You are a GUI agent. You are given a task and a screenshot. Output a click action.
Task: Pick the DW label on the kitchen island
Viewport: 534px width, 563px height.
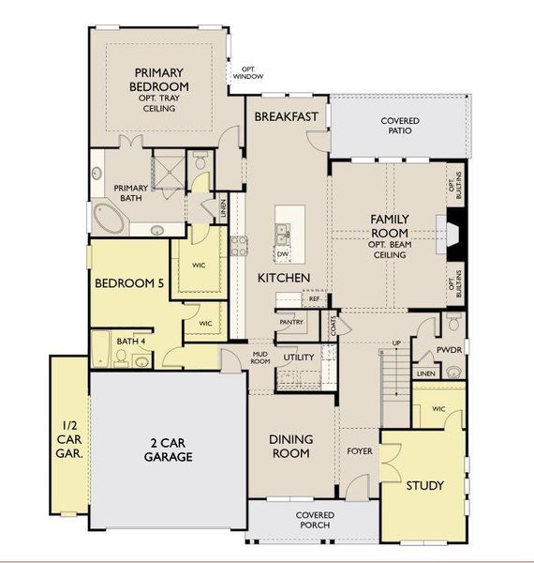pyautogui.click(x=282, y=254)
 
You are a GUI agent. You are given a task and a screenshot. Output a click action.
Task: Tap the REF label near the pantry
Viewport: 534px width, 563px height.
pyautogui.click(x=314, y=299)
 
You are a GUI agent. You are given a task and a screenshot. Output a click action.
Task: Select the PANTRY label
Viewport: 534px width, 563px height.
pyautogui.click(x=290, y=322)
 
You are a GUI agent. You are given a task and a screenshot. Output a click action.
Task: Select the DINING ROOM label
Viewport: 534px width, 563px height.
pyautogui.click(x=290, y=445)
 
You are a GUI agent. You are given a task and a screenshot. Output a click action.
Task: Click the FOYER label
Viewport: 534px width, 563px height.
pyautogui.click(x=359, y=451)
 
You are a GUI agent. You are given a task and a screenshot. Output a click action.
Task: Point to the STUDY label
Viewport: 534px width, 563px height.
pyautogui.click(x=424, y=485)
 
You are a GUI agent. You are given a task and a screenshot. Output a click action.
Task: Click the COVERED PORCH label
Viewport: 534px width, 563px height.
pyautogui.click(x=316, y=521)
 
